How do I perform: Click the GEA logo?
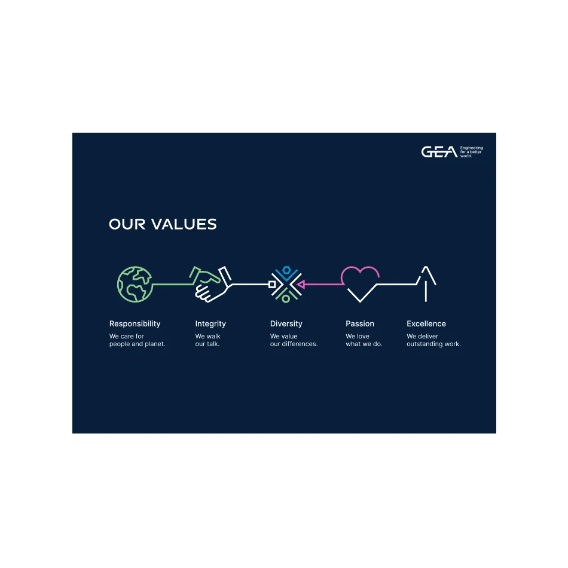tap(439, 152)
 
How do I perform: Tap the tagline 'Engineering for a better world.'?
tap(471, 152)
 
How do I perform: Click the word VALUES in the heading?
tap(184, 224)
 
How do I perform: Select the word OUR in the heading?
tap(127, 224)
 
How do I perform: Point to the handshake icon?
tap(211, 285)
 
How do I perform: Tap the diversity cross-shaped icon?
tap(286, 285)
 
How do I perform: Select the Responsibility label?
tap(135, 324)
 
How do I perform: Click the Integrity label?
tap(210, 324)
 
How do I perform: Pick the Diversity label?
tap(286, 324)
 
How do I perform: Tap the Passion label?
tap(360, 324)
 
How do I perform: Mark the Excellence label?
tap(426, 324)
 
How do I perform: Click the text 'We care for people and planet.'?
tap(138, 340)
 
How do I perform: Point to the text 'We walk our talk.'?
tap(207, 340)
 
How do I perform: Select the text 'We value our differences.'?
tap(294, 340)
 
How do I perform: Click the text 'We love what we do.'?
tap(364, 340)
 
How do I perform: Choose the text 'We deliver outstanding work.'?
tap(433, 340)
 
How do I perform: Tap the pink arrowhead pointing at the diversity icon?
tap(301, 285)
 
